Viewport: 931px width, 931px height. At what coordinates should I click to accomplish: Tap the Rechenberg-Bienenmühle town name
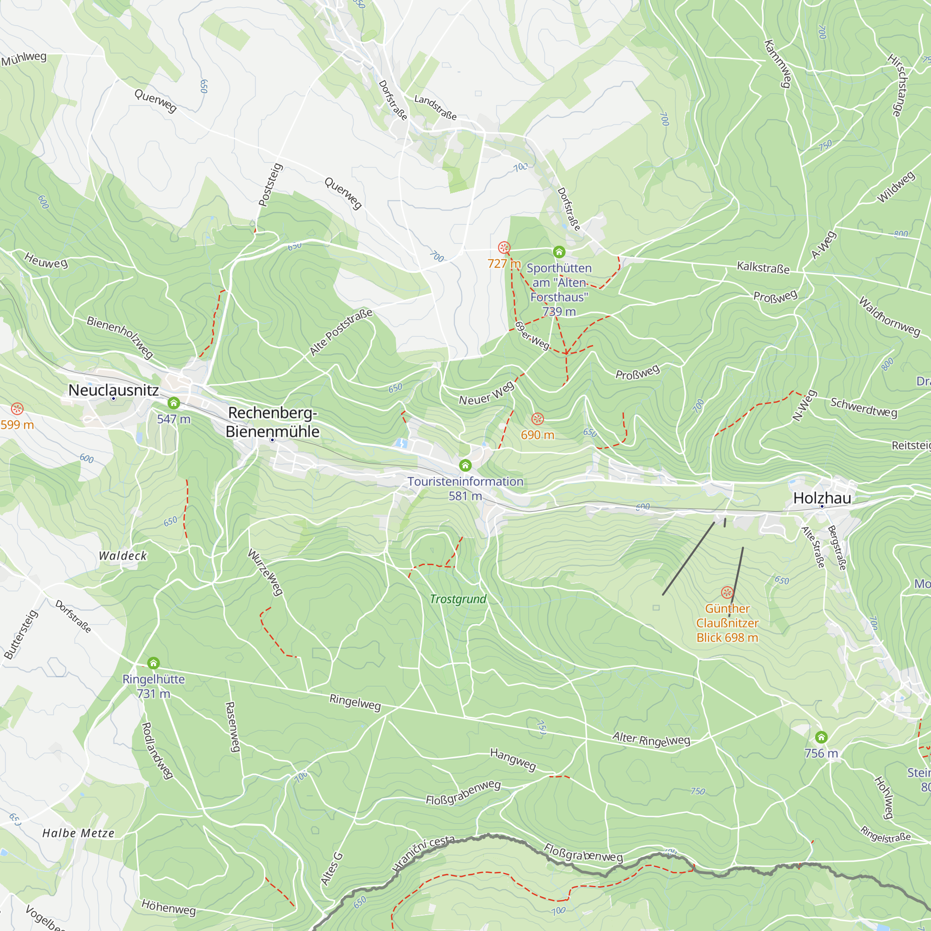tap(272, 422)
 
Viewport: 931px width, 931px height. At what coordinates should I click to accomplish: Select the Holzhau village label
tap(822, 498)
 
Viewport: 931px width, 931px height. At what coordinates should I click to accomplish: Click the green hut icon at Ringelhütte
tap(153, 663)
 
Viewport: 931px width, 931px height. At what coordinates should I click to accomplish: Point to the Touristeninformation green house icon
tap(465, 465)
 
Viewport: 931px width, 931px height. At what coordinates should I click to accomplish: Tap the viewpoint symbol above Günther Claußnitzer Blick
tap(727, 592)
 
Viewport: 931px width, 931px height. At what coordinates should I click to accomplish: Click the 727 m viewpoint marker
tap(504, 248)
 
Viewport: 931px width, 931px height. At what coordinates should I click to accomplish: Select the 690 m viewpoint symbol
tap(538, 418)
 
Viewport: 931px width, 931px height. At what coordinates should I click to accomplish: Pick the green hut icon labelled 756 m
tap(822, 737)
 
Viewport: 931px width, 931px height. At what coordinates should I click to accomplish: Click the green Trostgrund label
tap(458, 599)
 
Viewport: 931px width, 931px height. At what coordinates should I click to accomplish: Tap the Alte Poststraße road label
tap(341, 332)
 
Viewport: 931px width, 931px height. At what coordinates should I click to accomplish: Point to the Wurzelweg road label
tap(265, 573)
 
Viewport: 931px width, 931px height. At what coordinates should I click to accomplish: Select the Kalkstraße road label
tap(763, 268)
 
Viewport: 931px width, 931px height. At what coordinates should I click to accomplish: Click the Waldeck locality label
tap(122, 556)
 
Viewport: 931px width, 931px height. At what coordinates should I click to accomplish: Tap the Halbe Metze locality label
tap(79, 833)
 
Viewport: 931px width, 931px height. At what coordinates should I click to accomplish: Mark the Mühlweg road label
tap(24, 59)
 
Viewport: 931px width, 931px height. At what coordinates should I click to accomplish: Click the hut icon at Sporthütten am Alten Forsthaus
tap(559, 251)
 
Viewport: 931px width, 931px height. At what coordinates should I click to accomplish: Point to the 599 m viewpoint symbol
tap(17, 409)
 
